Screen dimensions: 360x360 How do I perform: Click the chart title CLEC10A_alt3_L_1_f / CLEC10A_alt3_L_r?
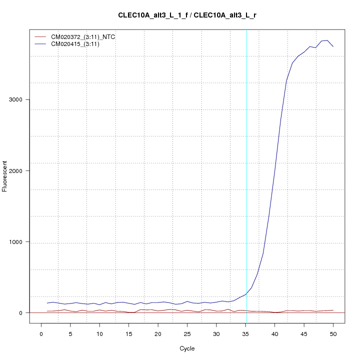187,15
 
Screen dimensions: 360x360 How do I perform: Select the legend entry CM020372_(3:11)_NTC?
86,37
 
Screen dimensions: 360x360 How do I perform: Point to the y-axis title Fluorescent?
5,176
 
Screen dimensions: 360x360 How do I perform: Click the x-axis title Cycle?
187,348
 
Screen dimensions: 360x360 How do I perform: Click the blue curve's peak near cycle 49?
327,40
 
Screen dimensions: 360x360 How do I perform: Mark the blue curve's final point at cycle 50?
333,46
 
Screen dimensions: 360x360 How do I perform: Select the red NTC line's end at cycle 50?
333,310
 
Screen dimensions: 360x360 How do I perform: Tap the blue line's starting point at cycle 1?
47,303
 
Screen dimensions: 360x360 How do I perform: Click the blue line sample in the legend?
39,44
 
